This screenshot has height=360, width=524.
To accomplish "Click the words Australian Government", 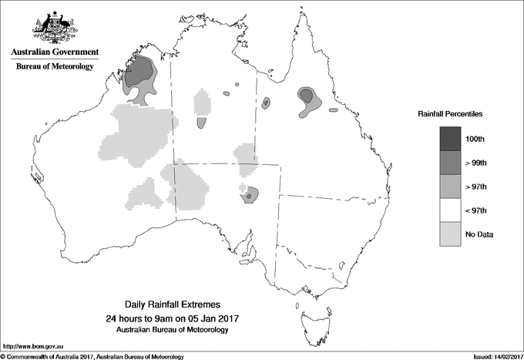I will click(x=54, y=52).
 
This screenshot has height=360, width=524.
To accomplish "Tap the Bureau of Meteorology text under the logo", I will click(x=54, y=66).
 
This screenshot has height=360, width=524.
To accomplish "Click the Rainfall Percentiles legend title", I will click(x=450, y=114).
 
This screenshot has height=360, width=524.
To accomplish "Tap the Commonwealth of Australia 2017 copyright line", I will click(x=92, y=356).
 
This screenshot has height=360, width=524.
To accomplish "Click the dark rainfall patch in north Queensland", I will click(x=307, y=96).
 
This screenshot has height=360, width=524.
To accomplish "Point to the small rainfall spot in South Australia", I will click(x=249, y=197).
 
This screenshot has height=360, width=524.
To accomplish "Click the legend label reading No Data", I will click(x=479, y=234).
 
